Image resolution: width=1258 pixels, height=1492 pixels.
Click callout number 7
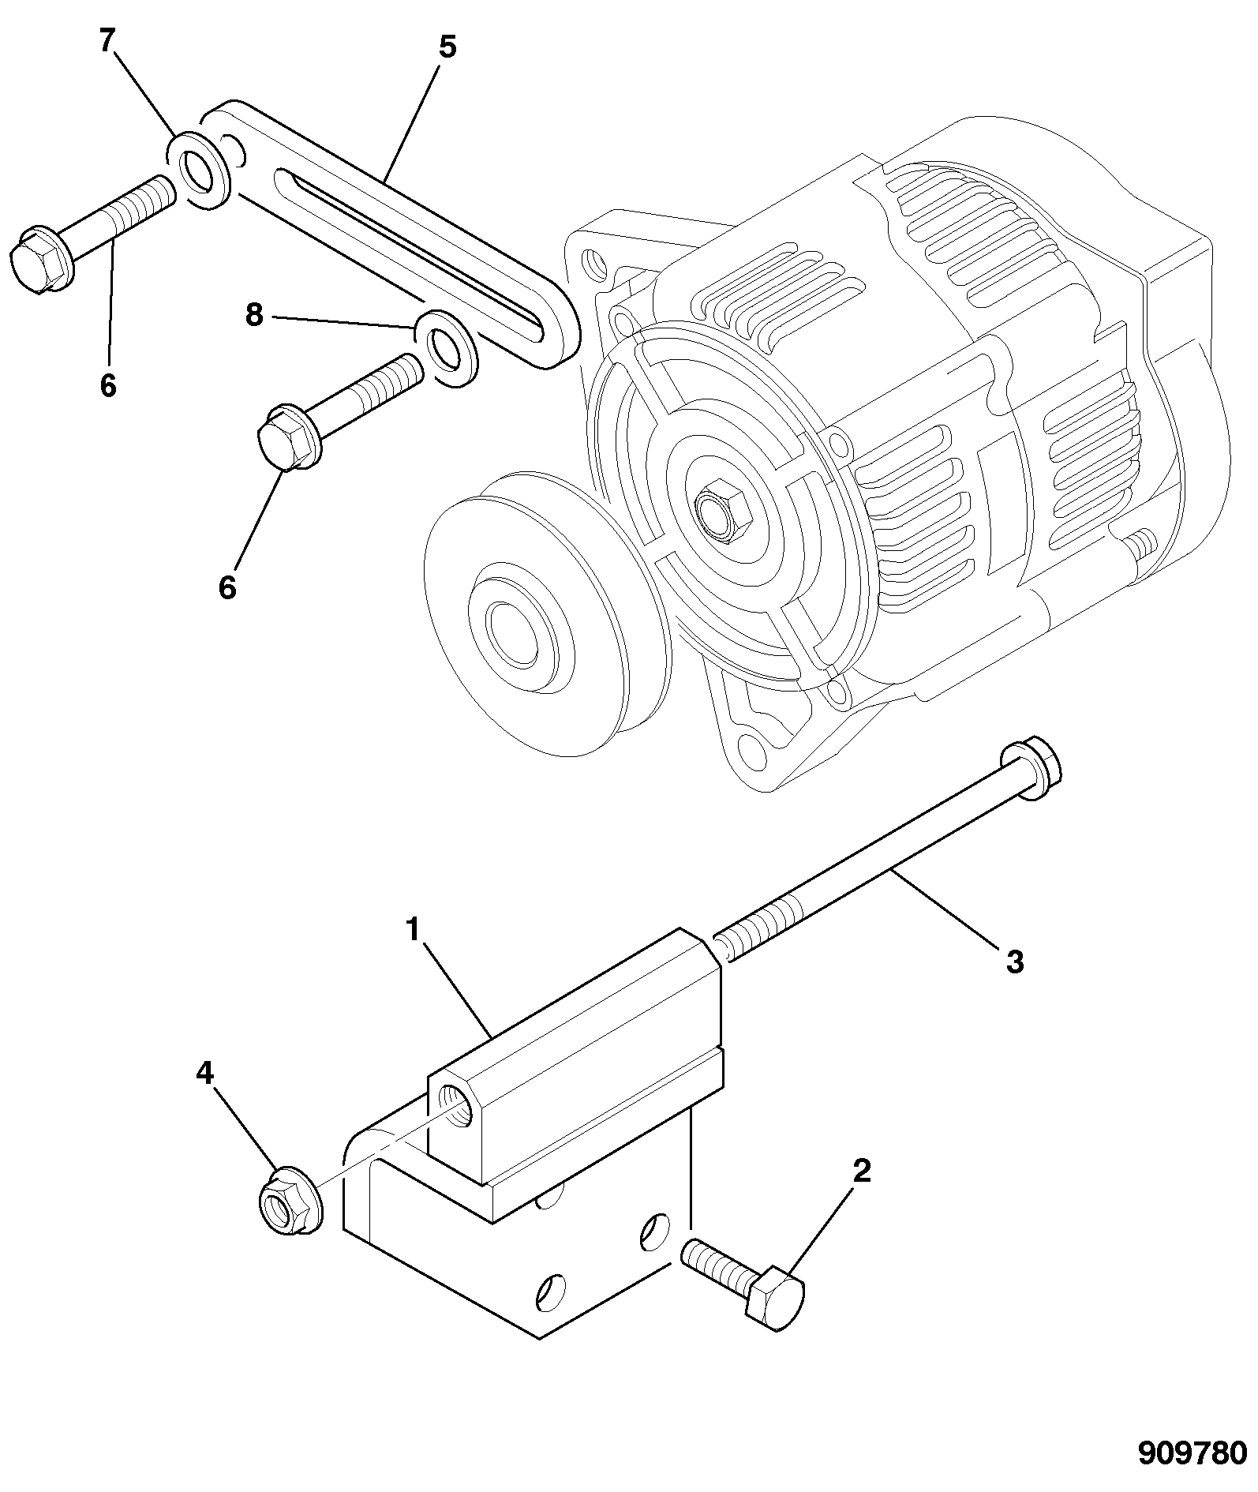click(x=107, y=42)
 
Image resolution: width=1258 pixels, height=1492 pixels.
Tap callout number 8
click(x=253, y=315)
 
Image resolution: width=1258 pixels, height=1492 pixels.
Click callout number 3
click(x=1015, y=962)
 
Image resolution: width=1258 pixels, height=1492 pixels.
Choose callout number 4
click(x=204, y=1073)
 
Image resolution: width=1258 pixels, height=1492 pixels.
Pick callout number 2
click(x=862, y=1171)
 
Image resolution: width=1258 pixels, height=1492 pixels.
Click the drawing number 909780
click(x=1191, y=1452)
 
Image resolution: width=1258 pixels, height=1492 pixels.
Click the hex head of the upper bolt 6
click(x=39, y=260)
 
